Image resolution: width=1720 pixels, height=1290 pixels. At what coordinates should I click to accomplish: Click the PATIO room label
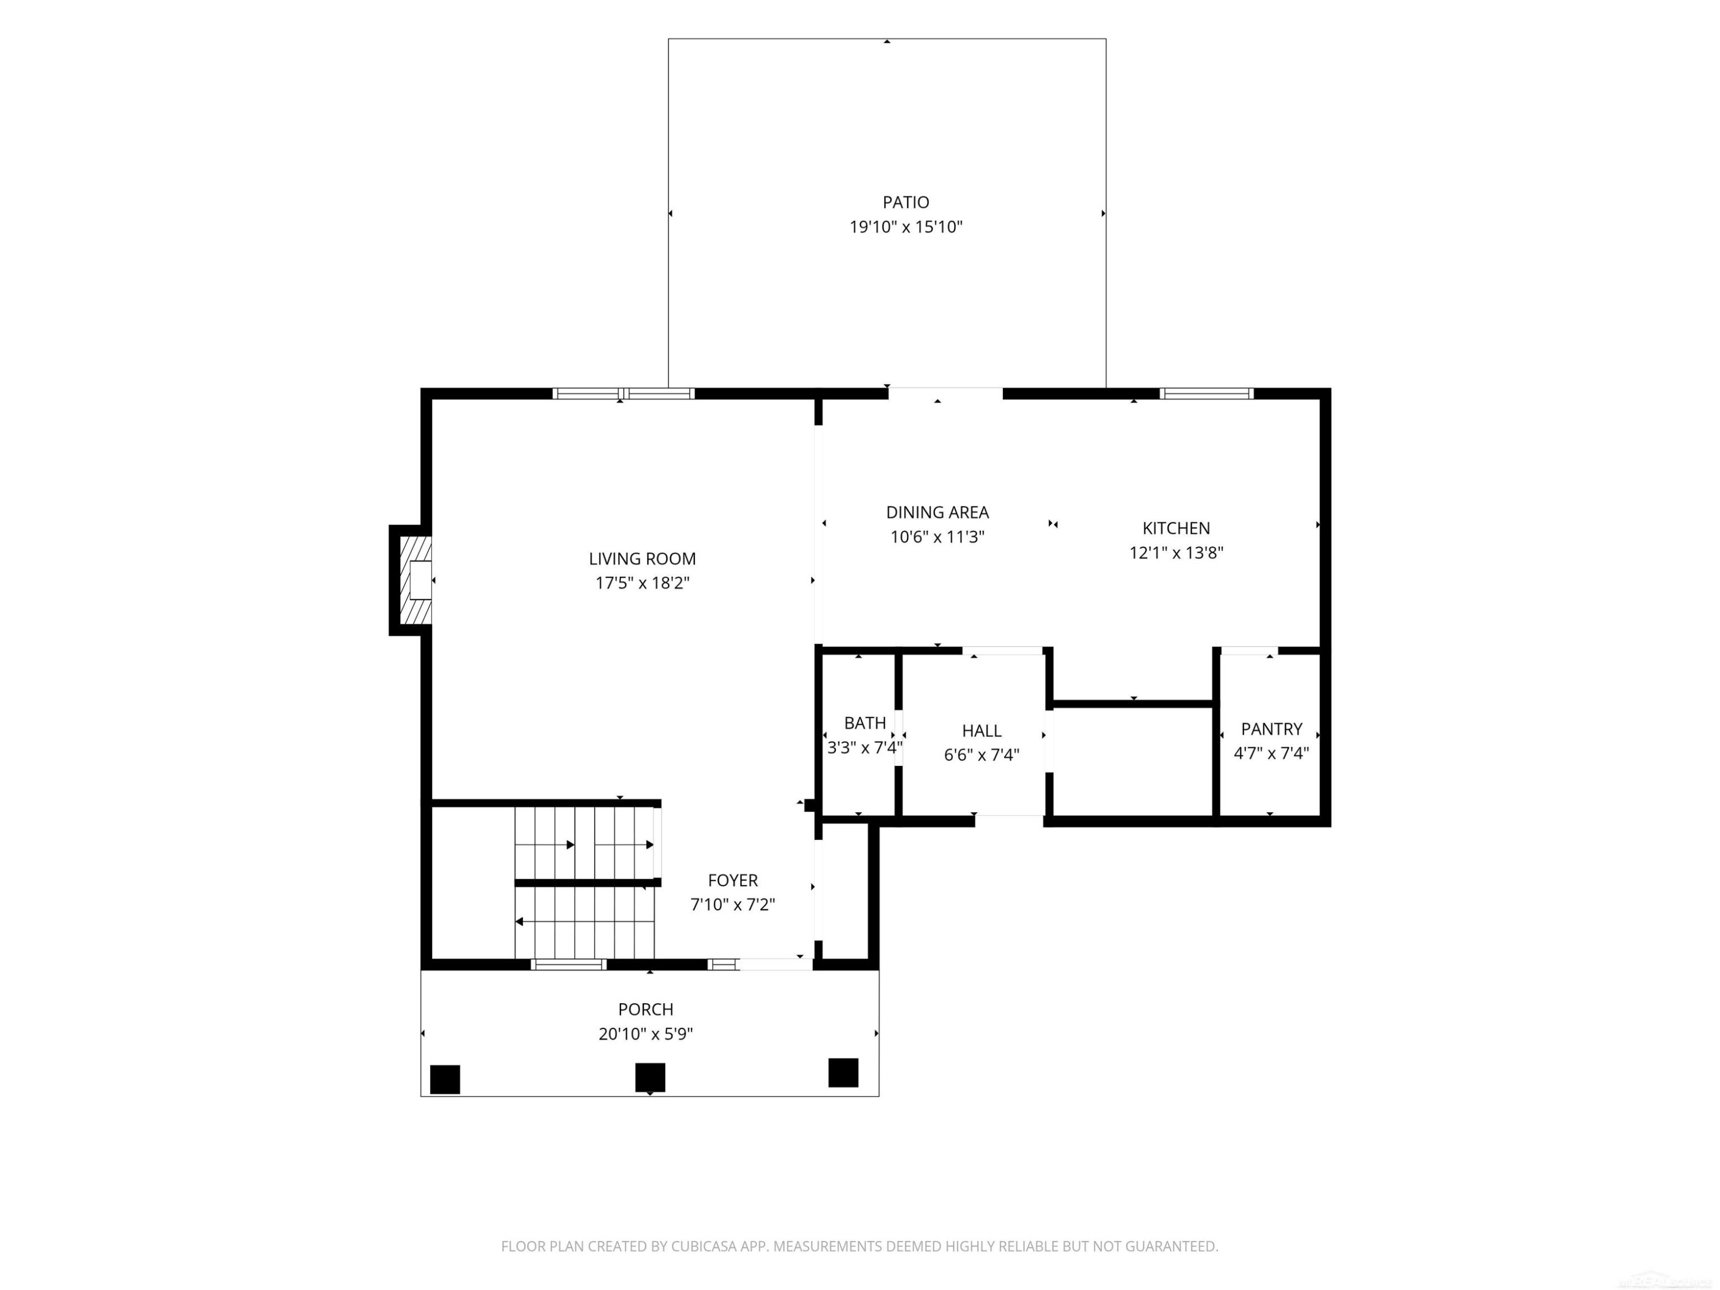(905, 202)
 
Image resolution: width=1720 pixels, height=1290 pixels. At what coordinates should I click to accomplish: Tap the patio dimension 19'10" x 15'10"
(906, 227)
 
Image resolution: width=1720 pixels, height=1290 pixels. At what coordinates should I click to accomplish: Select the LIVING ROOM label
(642, 558)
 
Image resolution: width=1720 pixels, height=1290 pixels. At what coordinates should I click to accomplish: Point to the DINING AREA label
(938, 513)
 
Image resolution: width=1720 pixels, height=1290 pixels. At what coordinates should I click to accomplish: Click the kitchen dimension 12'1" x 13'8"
(1176, 553)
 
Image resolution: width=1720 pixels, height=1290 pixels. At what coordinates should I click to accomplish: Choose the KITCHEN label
(1176, 528)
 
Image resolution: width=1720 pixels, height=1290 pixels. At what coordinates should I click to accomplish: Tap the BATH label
(865, 723)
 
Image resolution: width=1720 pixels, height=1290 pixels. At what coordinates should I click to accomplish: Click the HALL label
(982, 731)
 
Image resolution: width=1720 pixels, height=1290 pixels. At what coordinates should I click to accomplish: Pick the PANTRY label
(1271, 729)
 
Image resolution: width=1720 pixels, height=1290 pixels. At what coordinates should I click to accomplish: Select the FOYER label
(733, 880)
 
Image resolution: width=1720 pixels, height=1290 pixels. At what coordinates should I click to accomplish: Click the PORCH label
(646, 1009)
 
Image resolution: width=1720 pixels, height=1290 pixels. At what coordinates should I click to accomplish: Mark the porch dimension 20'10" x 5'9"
(646, 1034)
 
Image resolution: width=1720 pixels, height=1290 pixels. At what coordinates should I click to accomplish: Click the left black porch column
(445, 1079)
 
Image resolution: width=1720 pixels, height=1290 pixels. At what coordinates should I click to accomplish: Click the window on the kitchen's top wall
(1206, 393)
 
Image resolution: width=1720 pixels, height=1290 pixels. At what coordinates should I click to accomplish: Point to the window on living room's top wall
(624, 393)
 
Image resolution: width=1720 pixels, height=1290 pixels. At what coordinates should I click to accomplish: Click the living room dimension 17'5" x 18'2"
(642, 583)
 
